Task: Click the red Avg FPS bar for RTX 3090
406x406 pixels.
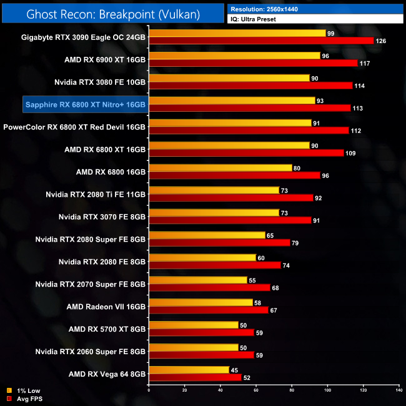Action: [261, 41]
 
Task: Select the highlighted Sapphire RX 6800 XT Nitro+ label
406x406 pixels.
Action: [85, 104]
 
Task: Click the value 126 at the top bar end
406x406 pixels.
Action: [380, 41]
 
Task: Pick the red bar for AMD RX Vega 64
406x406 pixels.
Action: [195, 377]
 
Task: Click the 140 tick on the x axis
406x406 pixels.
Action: [399, 390]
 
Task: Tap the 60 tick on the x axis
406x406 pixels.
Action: [256, 390]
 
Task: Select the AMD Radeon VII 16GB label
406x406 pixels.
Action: [106, 307]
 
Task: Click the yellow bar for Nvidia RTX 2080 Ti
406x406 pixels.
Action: [214, 190]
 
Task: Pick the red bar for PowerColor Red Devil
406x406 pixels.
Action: [249, 131]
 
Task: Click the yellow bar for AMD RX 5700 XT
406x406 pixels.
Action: [193, 325]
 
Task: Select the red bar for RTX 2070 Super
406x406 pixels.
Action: [209, 288]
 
